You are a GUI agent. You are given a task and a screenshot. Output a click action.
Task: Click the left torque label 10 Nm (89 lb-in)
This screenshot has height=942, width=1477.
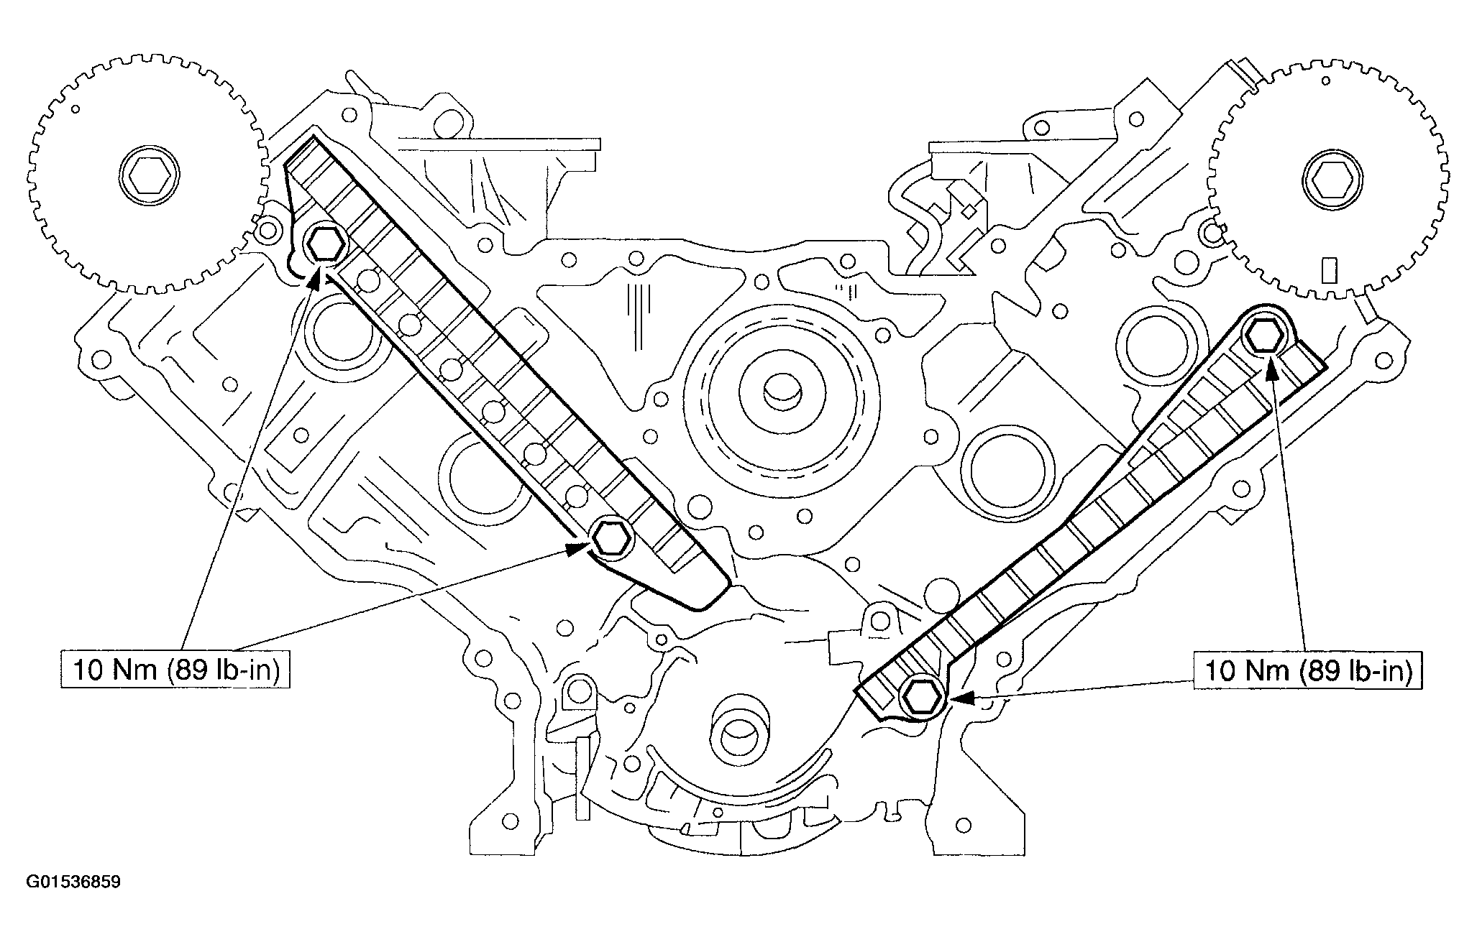pyautogui.click(x=175, y=670)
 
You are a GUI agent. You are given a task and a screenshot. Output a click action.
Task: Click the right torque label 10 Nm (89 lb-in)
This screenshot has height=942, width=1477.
pyautogui.click(x=1308, y=670)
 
